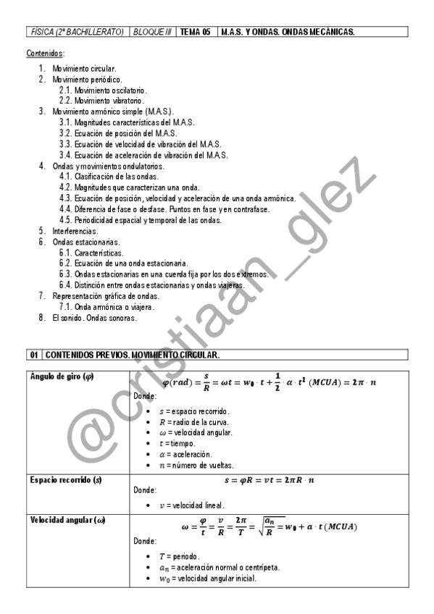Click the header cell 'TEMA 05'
point(196,33)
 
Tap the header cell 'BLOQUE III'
point(152,33)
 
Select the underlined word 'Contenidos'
point(45,54)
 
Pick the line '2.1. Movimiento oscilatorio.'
point(103,90)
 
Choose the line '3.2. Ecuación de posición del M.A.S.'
point(118,133)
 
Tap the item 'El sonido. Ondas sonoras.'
point(94,317)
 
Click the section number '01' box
point(34,356)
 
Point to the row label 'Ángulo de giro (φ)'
point(62,376)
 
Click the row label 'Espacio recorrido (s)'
point(64,480)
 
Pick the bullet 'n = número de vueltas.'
point(200,465)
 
